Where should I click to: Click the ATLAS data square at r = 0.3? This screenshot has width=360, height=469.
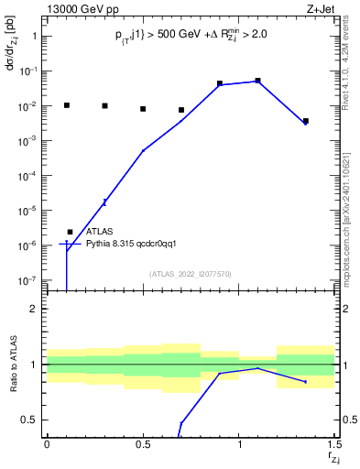click(104, 106)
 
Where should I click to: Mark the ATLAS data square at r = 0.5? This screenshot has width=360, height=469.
click(143, 109)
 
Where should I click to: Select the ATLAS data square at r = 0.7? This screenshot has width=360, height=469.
click(181, 110)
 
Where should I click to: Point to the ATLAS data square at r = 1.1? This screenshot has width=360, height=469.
click(258, 81)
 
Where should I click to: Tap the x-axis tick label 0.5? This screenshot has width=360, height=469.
click(143, 444)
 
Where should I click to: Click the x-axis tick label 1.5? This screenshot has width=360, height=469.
click(334, 444)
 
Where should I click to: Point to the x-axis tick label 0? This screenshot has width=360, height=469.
click(47, 444)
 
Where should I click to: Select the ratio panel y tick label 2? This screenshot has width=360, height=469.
click(34, 309)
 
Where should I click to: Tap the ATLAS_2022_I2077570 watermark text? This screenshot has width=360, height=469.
click(191, 274)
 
